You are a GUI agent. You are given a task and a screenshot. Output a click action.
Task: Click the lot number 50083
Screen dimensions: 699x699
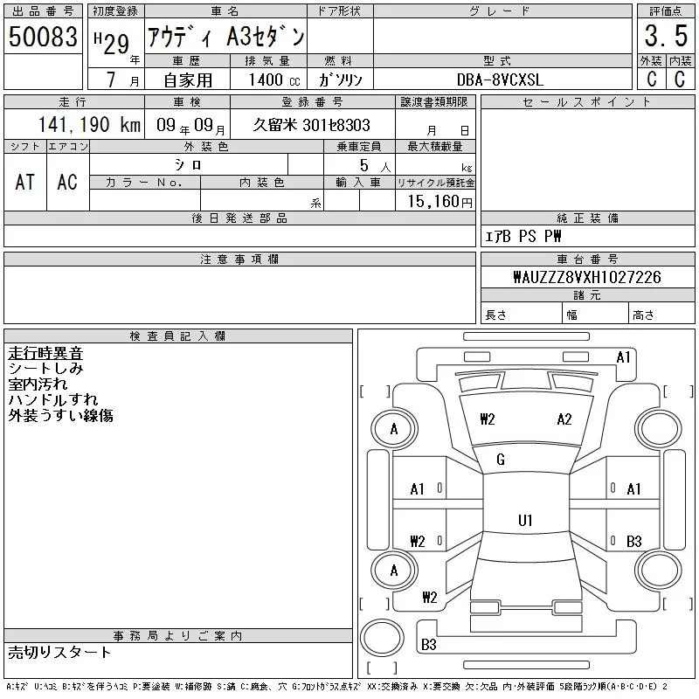[x=43, y=36]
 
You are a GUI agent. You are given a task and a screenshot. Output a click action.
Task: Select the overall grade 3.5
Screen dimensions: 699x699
[x=666, y=36]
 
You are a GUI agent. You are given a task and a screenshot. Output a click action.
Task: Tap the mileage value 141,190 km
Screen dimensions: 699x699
[x=89, y=124]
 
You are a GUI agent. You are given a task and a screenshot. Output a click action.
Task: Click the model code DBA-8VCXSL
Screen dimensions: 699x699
[x=500, y=80]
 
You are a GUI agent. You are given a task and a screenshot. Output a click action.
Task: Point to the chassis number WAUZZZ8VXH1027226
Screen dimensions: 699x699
[x=587, y=277]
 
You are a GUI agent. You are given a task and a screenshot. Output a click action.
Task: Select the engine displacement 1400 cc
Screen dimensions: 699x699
[x=274, y=80]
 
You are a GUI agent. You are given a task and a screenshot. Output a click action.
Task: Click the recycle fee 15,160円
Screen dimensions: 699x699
[x=439, y=201]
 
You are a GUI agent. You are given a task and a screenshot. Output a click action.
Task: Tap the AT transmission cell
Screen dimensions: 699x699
[x=25, y=182]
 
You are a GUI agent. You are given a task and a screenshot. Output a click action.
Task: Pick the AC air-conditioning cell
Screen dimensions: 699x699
[x=67, y=182]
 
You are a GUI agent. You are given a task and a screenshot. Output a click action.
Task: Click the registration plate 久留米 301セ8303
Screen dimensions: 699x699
[x=311, y=125]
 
